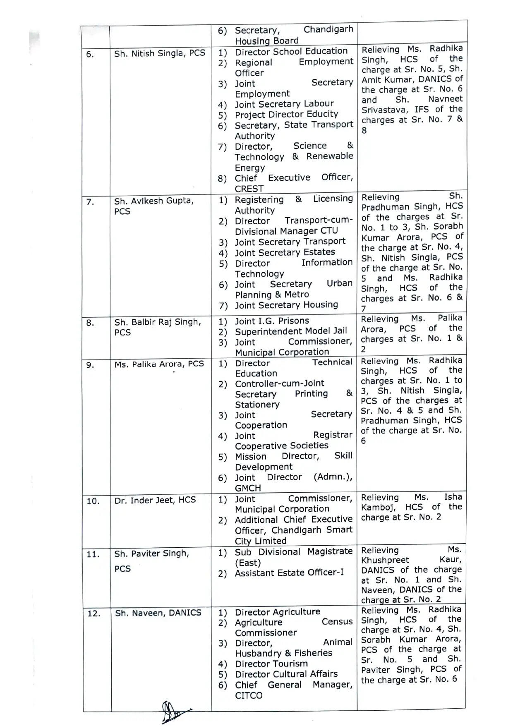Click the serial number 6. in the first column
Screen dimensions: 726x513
90,54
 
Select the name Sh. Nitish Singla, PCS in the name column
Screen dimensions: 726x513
160,53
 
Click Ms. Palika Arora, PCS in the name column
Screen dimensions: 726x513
159,364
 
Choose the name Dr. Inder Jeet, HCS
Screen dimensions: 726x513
155,500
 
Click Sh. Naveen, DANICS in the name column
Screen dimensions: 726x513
158,613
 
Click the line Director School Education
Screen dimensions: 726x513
291,51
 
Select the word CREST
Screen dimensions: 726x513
249,189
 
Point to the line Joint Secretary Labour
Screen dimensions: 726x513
284,104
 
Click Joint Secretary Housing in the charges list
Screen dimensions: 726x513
286,305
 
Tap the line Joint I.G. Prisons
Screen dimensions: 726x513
272,321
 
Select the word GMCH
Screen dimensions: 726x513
248,488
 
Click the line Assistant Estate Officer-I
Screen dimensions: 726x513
289,573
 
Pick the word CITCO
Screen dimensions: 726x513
249,695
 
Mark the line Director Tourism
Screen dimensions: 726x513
271,664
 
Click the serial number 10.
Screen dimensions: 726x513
93,501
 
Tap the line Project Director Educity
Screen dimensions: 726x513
286,114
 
